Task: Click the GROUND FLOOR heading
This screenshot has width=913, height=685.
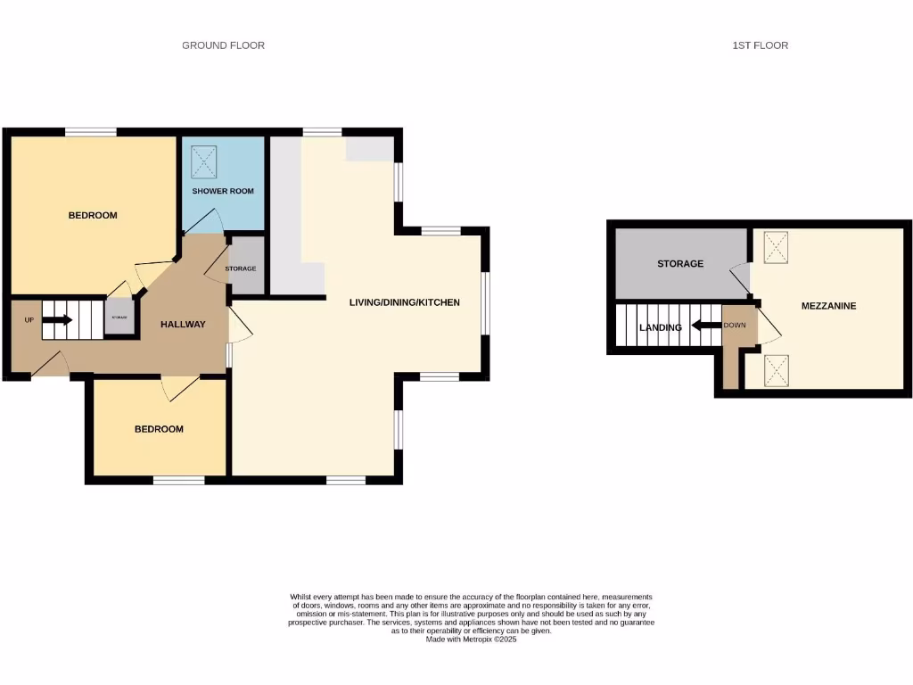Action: pyautogui.click(x=223, y=45)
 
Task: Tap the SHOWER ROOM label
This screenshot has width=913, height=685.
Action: pyautogui.click(x=223, y=191)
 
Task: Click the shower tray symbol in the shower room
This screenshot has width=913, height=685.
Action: pyautogui.click(x=204, y=161)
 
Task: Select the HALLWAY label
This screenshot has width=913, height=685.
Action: pyautogui.click(x=183, y=325)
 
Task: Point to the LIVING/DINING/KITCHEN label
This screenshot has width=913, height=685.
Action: pyautogui.click(x=404, y=302)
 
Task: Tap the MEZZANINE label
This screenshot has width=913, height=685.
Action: pyautogui.click(x=828, y=306)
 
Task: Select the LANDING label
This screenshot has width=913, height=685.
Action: pyautogui.click(x=661, y=327)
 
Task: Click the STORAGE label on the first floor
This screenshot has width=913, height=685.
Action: pyautogui.click(x=680, y=264)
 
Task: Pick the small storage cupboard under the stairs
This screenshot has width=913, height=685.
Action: pyautogui.click(x=119, y=318)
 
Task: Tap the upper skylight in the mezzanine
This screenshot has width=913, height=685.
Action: pyautogui.click(x=777, y=246)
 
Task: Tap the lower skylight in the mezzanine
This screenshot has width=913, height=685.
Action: pyautogui.click(x=777, y=368)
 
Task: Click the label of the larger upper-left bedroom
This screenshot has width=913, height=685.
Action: pyautogui.click(x=94, y=216)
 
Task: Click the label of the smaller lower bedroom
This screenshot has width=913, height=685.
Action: pyautogui.click(x=159, y=429)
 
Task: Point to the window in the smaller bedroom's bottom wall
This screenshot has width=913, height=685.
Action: pyautogui.click(x=178, y=480)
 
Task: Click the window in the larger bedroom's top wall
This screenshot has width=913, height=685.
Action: pyautogui.click(x=90, y=133)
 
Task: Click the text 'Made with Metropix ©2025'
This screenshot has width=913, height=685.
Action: pyautogui.click(x=471, y=639)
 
